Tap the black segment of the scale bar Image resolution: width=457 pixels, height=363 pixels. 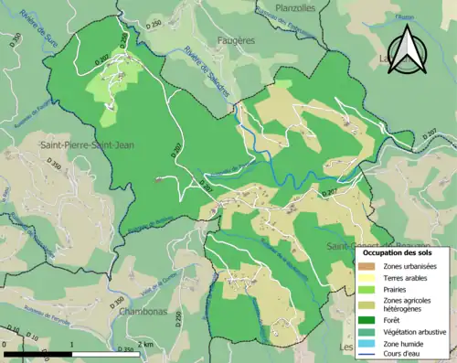pos(36,353)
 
